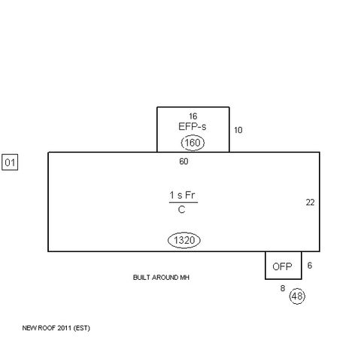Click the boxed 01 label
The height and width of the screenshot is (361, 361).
click(x=11, y=162)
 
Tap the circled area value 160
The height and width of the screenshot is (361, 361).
click(x=193, y=142)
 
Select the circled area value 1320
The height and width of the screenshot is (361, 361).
click(x=184, y=240)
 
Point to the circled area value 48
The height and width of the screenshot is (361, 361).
click(x=298, y=296)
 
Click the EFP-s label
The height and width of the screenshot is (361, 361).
click(x=193, y=126)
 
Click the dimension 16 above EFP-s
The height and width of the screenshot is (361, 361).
click(x=193, y=116)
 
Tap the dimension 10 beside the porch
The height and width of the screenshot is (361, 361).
click(x=238, y=130)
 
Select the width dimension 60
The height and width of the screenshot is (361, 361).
click(x=184, y=161)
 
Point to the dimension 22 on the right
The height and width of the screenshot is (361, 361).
click(x=310, y=202)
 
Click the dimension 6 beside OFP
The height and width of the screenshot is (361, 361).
click(x=309, y=265)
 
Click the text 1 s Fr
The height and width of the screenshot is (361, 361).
click(x=184, y=195)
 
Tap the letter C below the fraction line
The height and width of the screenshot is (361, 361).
click(x=183, y=211)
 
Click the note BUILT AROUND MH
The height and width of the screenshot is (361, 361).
click(x=160, y=278)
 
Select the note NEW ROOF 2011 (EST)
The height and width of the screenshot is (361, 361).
click(x=56, y=328)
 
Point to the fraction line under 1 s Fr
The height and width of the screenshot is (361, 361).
click(x=184, y=203)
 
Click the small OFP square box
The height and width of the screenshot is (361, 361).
click(x=283, y=265)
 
